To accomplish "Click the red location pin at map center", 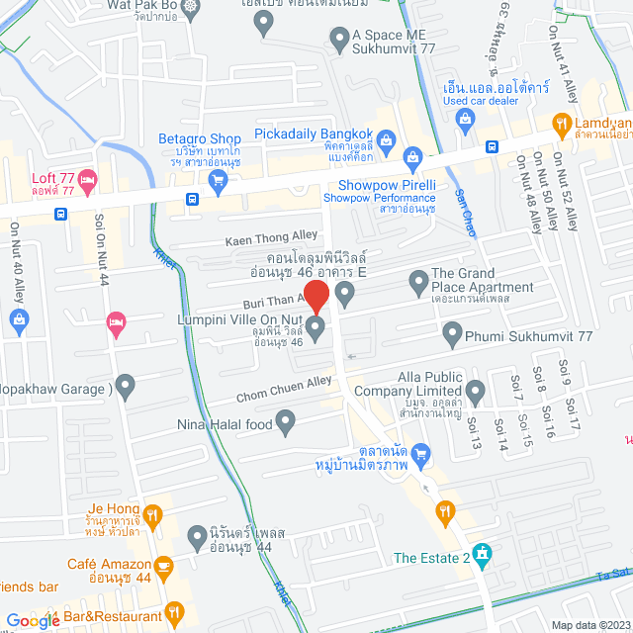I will [x=316, y=296].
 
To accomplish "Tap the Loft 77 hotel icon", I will [x=87, y=179].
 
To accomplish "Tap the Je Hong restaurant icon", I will [x=152, y=514].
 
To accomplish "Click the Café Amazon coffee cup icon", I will [x=164, y=565].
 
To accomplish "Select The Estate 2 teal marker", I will [x=482, y=552].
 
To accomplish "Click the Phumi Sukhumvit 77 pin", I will [x=452, y=336].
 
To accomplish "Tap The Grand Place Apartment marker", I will [x=418, y=281].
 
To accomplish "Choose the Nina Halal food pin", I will [x=286, y=425].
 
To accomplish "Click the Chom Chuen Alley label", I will [x=284, y=390].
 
